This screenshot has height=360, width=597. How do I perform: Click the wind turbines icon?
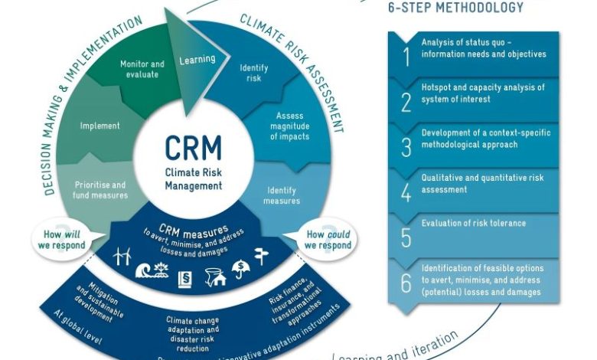[x=123, y=257]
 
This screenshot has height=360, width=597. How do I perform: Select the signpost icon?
[x=262, y=257]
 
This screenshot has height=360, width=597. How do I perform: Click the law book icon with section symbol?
[x=185, y=279]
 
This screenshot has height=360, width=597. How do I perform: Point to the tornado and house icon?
[x=214, y=277]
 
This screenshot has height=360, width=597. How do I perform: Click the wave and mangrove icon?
[x=152, y=270]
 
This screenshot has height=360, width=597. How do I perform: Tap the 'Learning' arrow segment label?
[x=197, y=59]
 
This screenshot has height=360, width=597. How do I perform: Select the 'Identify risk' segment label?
[x=254, y=72]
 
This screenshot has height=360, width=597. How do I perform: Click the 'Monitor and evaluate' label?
[x=142, y=69]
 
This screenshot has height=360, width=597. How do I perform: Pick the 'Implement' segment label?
[x=100, y=126]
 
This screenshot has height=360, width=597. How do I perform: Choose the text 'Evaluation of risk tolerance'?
[x=473, y=224]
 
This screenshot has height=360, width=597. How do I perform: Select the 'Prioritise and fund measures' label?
[x=99, y=189]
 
